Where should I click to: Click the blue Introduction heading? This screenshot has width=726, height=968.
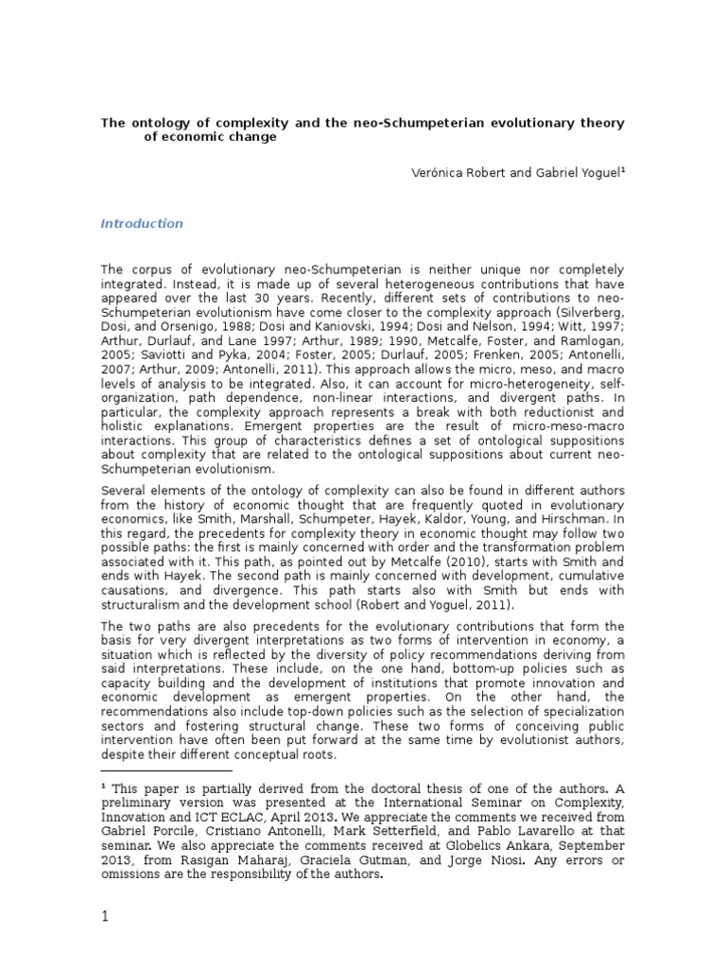click(x=142, y=224)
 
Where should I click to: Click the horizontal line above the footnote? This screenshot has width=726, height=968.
click(x=159, y=771)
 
